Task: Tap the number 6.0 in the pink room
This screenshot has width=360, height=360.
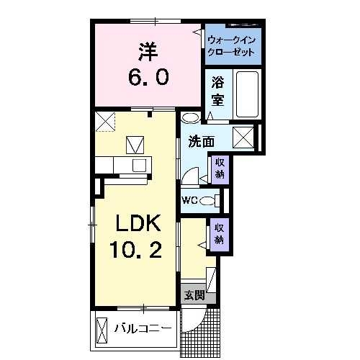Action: click(150, 75)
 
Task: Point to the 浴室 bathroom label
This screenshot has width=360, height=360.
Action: click(218, 91)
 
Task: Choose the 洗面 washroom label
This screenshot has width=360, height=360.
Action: click(201, 141)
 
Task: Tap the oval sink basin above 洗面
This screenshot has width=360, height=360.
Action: click(191, 117)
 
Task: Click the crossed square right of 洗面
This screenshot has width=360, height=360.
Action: click(243, 137)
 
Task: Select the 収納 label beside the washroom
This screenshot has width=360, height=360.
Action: click(219, 168)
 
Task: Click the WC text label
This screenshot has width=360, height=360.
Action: click(189, 200)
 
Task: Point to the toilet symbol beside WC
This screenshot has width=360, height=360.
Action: click(208, 200)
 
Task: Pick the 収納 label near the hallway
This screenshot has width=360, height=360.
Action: click(219, 233)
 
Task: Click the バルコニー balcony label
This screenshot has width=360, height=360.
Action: click(143, 330)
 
